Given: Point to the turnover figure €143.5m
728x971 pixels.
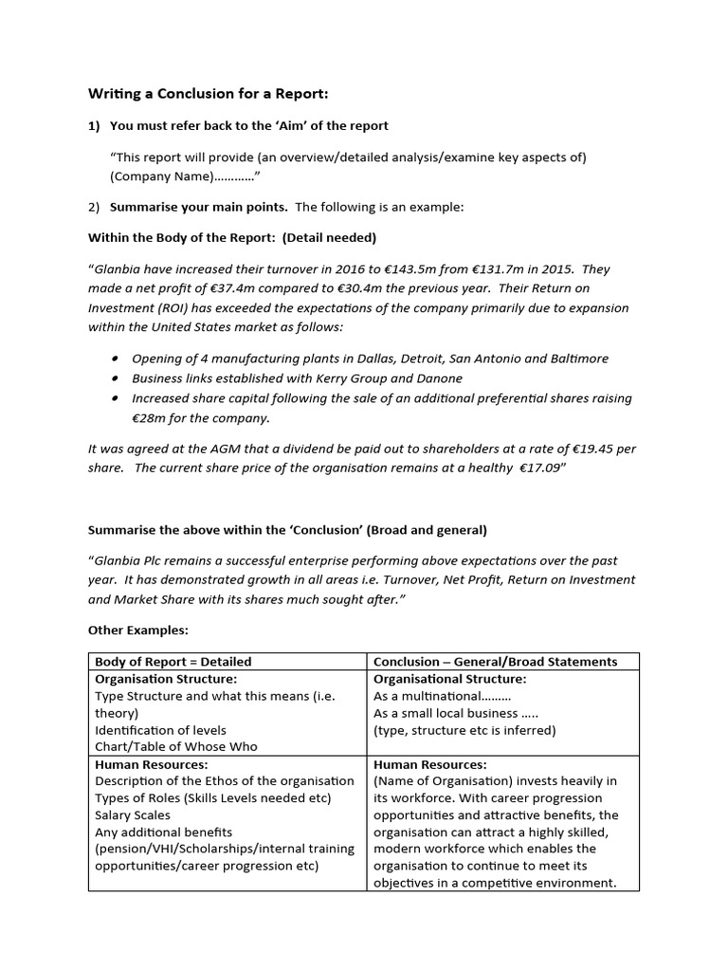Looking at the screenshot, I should [379, 268].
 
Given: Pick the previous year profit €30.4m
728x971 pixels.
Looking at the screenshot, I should [347, 288].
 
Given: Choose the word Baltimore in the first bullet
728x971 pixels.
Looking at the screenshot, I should [574, 358].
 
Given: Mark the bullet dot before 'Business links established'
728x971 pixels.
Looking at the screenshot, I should [115, 378].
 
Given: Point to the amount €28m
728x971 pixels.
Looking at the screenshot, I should [148, 418].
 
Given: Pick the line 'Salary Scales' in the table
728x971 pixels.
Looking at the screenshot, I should [133, 815].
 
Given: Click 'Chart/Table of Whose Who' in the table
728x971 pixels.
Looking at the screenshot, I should [175, 746].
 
